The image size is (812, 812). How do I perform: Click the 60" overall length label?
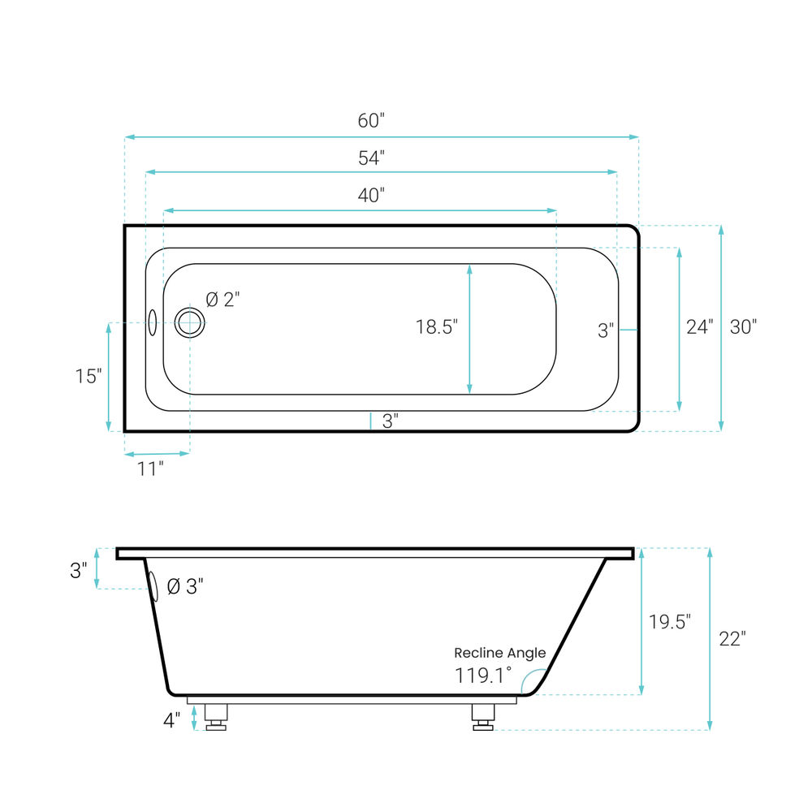point(371,121)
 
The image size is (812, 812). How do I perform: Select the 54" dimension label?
point(371,158)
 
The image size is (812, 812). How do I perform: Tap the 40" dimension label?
point(371,195)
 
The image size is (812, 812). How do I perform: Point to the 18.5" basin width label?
point(437,326)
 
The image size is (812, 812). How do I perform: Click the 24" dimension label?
point(700,326)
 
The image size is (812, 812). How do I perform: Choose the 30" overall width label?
point(743,326)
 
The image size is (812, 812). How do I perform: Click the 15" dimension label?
point(89,376)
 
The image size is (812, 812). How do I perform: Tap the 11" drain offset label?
point(150,469)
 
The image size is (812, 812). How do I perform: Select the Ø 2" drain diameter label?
point(222,300)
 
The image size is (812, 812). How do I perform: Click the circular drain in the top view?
point(189,322)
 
